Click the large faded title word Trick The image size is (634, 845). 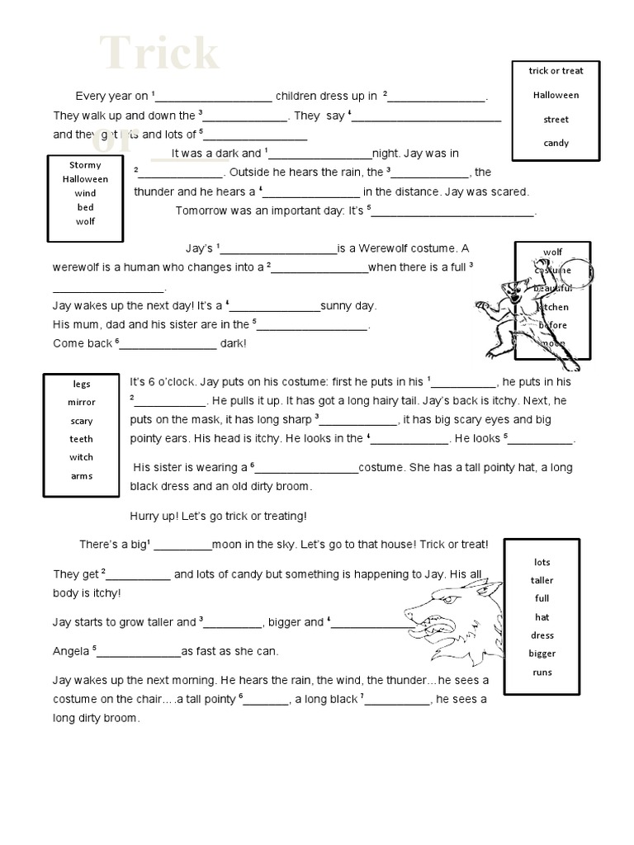point(160,54)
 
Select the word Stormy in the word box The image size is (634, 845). point(85,165)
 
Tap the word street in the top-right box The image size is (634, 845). point(556,120)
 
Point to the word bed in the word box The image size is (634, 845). point(85,207)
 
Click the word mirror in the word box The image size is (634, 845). point(82,403)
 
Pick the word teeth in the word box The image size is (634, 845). point(82,439)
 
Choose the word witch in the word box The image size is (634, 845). point(82,457)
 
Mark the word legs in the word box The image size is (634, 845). point(82,385)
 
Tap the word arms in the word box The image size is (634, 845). point(82,476)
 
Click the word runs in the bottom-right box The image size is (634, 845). point(542,673)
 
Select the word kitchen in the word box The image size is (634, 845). point(553,307)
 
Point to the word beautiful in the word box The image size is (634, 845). point(553,288)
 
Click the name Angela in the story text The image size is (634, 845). point(71,651)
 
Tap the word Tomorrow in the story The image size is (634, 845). point(203,210)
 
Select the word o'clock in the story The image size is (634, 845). point(168,381)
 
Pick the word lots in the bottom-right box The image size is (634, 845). point(542,563)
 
